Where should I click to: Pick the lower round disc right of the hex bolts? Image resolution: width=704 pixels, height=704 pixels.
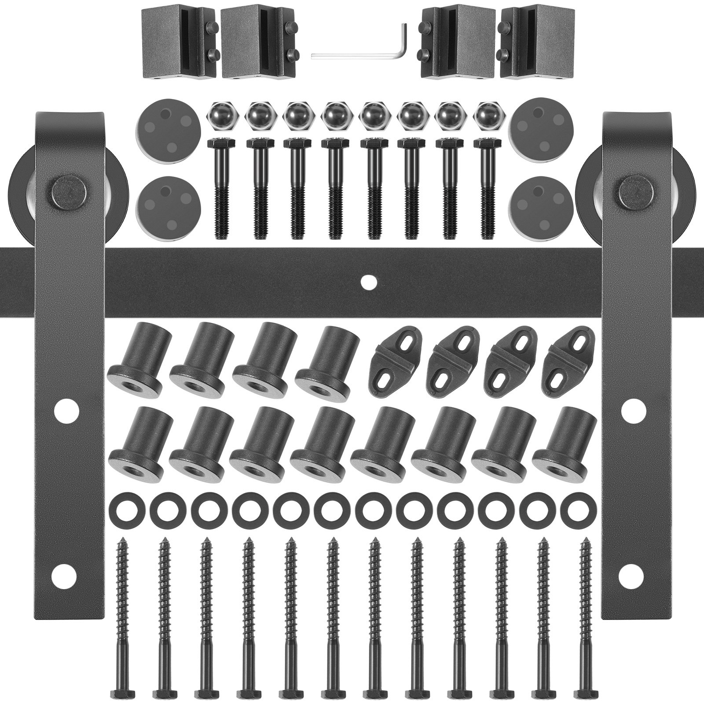coord(536,202)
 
